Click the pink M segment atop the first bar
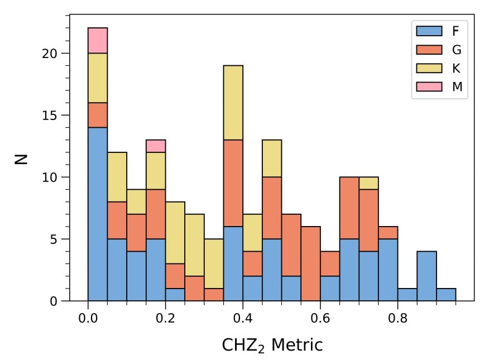tap(98, 41)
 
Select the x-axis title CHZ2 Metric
tap(272, 345)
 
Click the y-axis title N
tap(21, 159)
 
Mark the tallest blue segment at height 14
tap(98, 214)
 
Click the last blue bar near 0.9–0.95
tap(446, 295)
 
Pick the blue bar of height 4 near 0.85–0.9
tap(426, 276)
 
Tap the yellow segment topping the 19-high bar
tap(233, 103)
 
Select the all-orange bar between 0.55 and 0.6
tap(310, 264)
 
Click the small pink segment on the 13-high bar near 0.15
tap(156, 146)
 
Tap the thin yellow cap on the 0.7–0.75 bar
tap(368, 184)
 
